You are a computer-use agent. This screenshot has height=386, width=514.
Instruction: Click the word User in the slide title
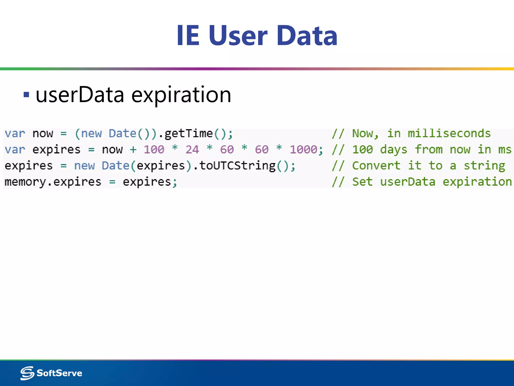point(238,36)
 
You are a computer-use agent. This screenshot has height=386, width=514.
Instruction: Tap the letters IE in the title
point(188,36)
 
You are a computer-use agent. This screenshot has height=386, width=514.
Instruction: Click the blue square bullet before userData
point(26,95)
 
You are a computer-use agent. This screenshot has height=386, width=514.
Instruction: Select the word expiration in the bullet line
point(181,95)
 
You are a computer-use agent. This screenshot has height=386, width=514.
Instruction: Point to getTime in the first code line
point(188,133)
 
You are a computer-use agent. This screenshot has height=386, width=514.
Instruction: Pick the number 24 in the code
point(192,150)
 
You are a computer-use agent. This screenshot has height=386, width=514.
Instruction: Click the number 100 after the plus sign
point(154,150)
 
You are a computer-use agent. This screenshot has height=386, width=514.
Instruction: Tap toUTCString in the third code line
point(237,166)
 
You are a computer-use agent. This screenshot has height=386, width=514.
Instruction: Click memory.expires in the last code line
point(53,182)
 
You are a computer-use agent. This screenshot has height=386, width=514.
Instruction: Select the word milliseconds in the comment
point(449,133)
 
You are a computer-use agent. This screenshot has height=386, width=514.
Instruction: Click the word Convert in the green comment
point(376,166)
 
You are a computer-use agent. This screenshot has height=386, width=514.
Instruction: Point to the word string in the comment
point(484,166)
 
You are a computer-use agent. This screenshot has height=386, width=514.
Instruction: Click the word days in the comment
point(394,150)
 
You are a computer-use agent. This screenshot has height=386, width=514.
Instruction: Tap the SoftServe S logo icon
point(27,373)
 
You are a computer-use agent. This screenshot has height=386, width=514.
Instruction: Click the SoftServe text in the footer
point(59,373)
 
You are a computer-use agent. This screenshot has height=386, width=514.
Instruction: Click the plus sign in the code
point(133,150)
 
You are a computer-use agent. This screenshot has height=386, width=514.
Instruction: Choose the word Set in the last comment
point(362,182)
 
